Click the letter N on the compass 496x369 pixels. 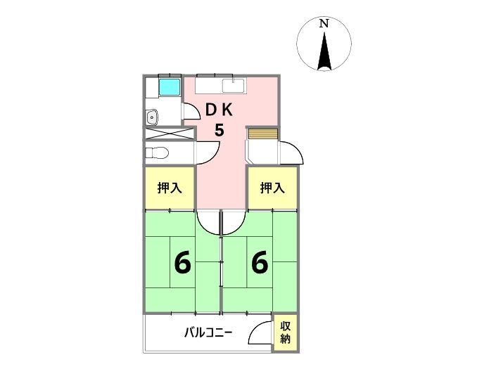point(324,23)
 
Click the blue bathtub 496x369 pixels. point(169,88)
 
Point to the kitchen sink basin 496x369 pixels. point(233,86)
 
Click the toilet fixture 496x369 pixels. point(156,152)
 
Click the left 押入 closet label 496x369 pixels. point(169,188)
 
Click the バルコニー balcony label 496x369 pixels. point(208,332)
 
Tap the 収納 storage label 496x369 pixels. point(286,332)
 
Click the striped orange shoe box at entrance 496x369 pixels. point(262,134)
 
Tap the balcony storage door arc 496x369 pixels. point(262,332)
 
